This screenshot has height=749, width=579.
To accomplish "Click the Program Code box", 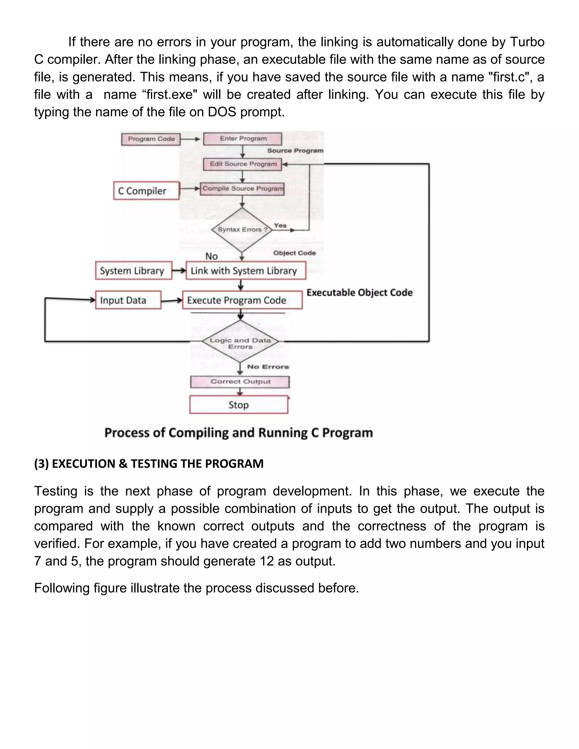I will coord(151,139).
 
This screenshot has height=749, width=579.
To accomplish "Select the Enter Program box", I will coord(243,138).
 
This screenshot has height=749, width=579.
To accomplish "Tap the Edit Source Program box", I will coord(243,164).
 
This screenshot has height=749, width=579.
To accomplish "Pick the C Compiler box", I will coord(146,191).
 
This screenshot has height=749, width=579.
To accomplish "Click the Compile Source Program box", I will coord(242,189).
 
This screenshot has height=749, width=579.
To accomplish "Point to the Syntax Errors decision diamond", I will coord(242,230).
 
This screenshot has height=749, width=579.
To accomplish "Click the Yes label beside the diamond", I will coord(280,225).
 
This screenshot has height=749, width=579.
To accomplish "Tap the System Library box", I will coord(133,270).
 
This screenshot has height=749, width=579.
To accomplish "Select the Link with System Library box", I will coord(246,270).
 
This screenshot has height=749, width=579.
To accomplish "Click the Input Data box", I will coord(128,300).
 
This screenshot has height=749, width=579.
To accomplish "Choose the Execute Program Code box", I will coord(242,300).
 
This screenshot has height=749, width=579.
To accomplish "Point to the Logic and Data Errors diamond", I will coord(240,342).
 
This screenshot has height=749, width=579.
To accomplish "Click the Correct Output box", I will coord(240,382).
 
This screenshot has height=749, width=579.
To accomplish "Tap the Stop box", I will coord(239,405).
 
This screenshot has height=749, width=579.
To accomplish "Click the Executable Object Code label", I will coord(360,293).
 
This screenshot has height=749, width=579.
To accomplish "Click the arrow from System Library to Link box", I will coord(179,270).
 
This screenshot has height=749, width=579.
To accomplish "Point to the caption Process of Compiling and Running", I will coord(238,433).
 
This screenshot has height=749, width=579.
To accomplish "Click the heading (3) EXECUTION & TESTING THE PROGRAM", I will coord(149,464).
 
